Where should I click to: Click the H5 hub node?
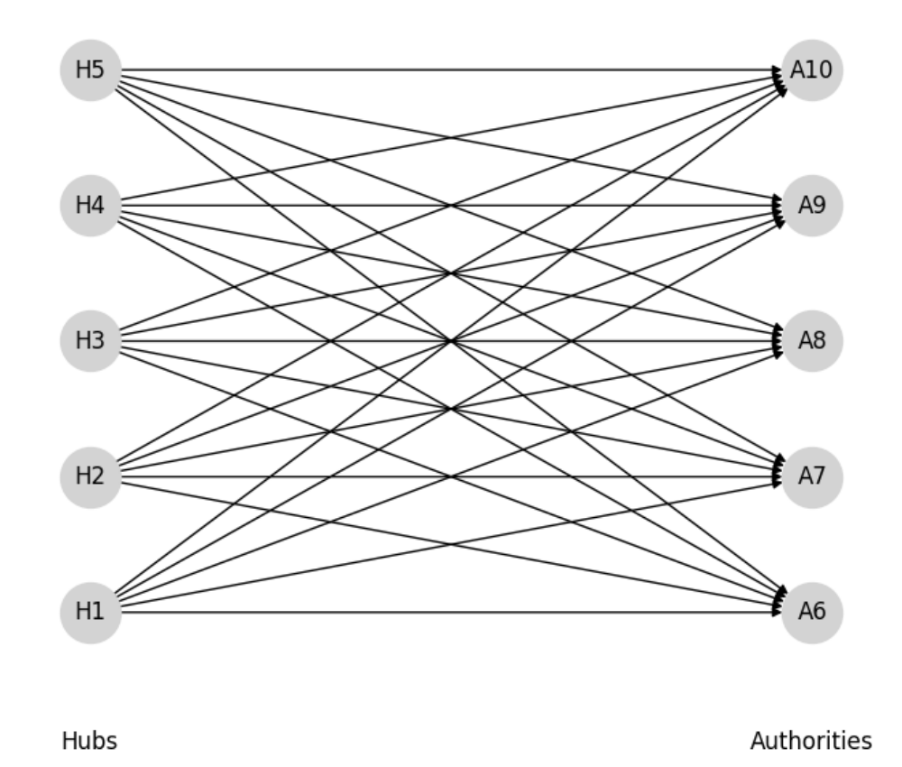(x=90, y=70)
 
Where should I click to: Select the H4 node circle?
(x=90, y=206)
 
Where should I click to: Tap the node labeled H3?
(x=90, y=341)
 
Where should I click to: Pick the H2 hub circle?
(x=90, y=476)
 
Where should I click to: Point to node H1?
(x=90, y=612)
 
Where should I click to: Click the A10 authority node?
(x=812, y=70)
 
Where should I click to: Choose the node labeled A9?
(x=812, y=206)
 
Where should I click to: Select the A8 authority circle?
(x=812, y=341)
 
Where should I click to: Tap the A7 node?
(x=812, y=476)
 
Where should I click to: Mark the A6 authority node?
(x=812, y=612)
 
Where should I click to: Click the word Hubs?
(x=89, y=742)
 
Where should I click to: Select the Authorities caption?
(x=811, y=742)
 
